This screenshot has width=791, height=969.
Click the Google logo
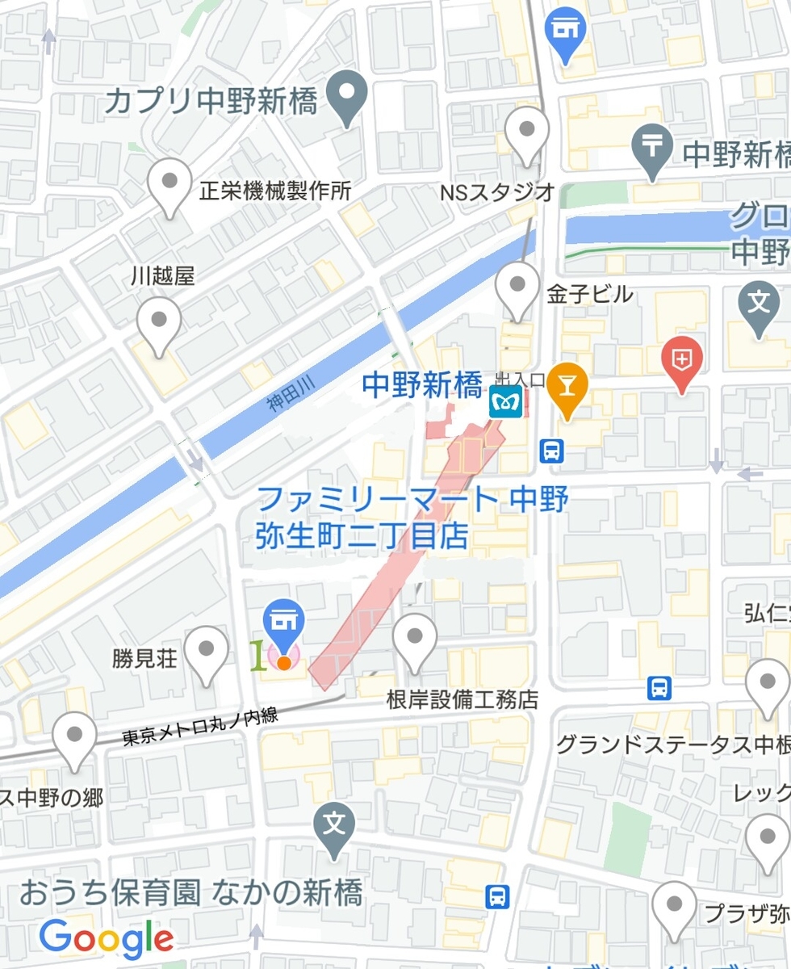(107, 938)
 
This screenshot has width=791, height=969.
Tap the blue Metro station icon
(501, 401)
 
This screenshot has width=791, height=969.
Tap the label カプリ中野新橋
(211, 103)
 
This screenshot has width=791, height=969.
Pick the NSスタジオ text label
(497, 191)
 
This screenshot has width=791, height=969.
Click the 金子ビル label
(590, 295)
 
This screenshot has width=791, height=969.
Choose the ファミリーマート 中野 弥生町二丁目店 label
(412, 517)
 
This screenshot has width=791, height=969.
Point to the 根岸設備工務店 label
(462, 699)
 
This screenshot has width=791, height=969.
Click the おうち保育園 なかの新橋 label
(190, 893)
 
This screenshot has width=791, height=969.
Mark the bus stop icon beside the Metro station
(552, 451)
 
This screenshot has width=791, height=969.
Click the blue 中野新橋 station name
(421, 386)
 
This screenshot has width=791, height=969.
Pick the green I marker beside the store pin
(257, 656)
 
